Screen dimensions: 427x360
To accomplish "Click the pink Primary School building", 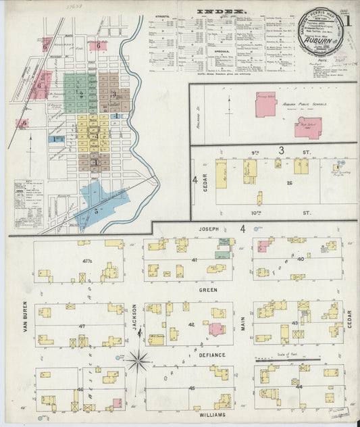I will click(x=265, y=103).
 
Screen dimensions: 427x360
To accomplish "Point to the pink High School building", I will click(x=308, y=126).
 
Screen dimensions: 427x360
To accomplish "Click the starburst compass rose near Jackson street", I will click(x=138, y=360).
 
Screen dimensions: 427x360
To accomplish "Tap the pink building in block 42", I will click(x=217, y=329).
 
